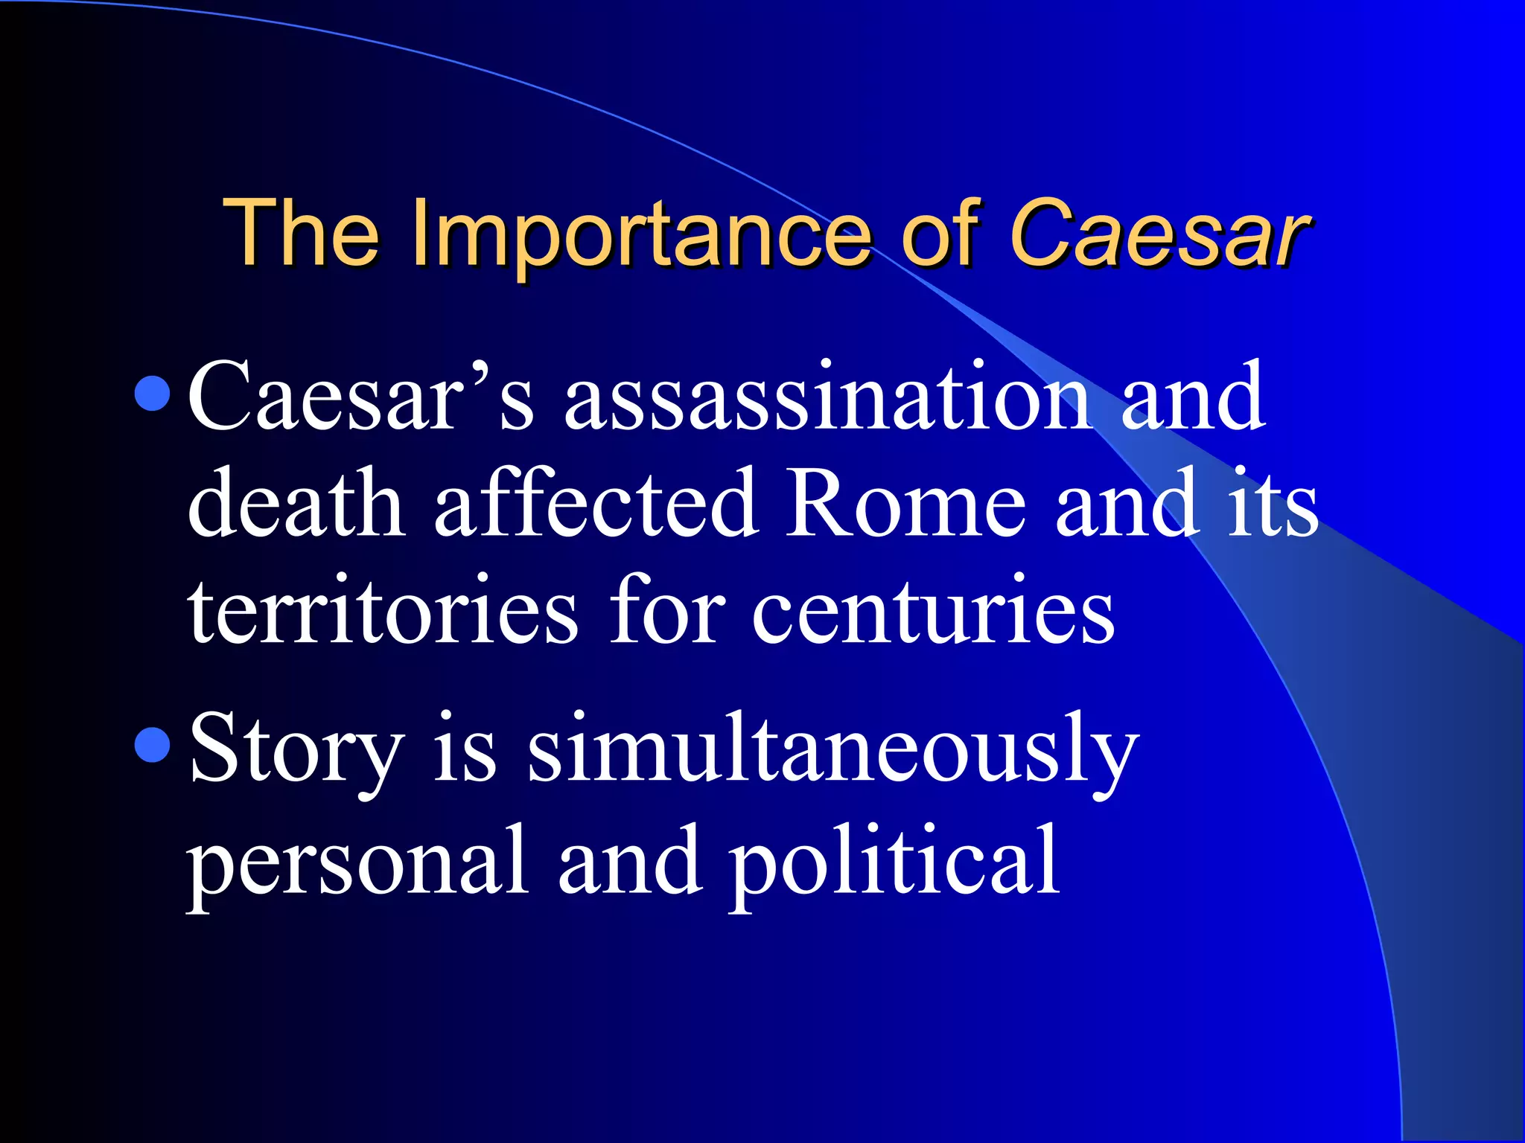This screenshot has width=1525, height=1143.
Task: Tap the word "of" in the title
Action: [x=940, y=232]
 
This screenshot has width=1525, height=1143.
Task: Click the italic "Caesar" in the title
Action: [x=1159, y=232]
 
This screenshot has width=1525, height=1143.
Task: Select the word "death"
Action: [x=296, y=505]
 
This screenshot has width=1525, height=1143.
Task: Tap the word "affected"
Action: [x=596, y=505]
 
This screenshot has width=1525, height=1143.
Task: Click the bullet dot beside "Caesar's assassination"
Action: [x=153, y=394]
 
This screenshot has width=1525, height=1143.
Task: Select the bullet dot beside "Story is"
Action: [x=153, y=745]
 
